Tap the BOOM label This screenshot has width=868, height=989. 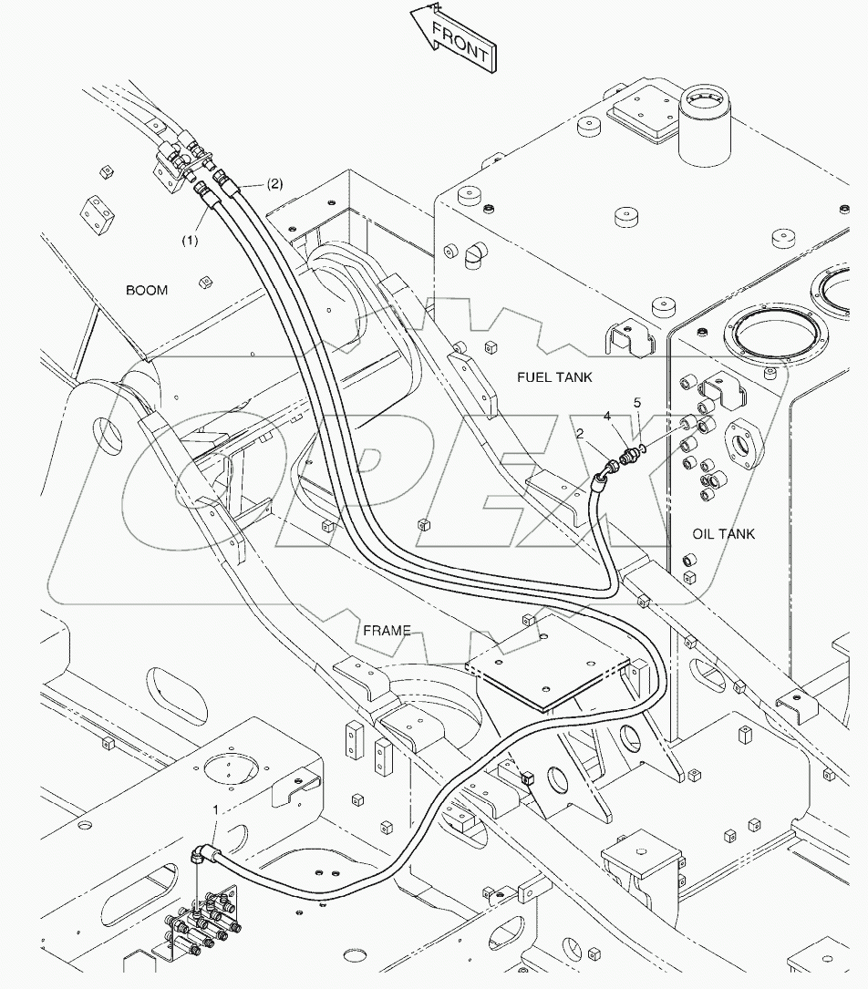click(x=147, y=290)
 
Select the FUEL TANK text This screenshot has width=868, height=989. click(x=554, y=376)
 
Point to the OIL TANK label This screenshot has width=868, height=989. click(x=724, y=534)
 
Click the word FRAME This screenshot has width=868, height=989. click(x=387, y=630)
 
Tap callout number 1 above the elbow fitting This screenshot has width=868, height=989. click(x=215, y=809)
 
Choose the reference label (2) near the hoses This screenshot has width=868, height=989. click(x=274, y=183)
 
